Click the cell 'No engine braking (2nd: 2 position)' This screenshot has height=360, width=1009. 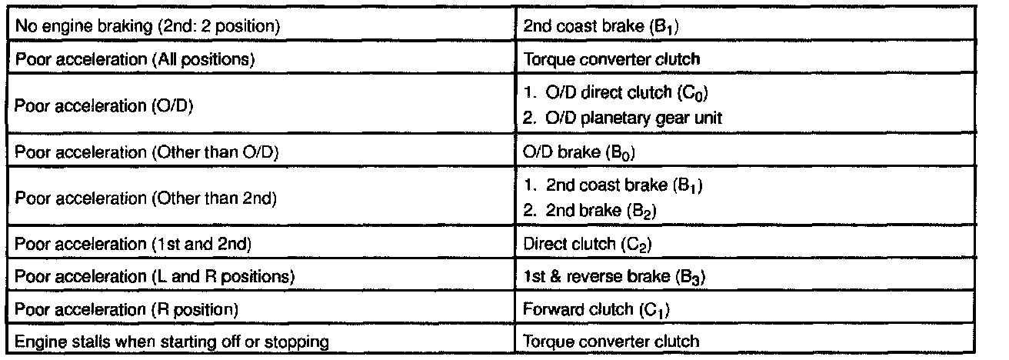(x=147, y=25)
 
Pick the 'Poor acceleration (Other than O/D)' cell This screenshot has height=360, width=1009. (x=146, y=152)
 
